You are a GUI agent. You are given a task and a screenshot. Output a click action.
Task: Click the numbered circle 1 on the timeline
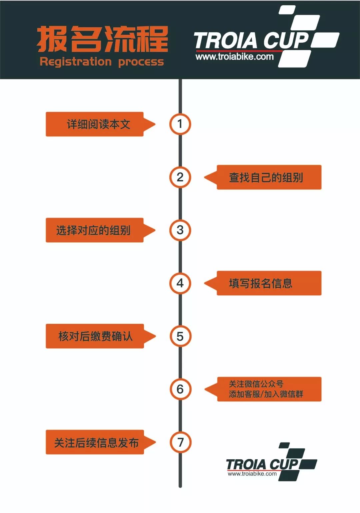coord(180,124)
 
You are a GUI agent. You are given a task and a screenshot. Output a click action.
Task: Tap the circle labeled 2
coord(180,177)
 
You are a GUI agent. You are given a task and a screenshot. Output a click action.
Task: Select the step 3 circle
coord(180,230)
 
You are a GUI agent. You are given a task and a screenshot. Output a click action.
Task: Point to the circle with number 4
coord(180,283)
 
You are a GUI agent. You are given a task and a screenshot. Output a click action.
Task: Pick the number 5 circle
coord(180,336)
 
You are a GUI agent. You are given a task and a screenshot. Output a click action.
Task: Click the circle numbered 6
coord(180,389)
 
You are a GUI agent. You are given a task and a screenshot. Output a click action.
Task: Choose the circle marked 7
coord(180,442)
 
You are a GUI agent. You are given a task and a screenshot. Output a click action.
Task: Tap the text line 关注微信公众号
coord(256,384)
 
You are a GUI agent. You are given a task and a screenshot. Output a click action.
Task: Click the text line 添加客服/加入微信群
coord(266,394)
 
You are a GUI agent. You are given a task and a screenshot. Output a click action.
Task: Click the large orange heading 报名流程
coord(102,39)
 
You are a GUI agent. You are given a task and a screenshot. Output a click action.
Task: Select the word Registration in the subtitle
coord(76,62)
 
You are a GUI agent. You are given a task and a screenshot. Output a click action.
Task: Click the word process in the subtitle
coord(141,63)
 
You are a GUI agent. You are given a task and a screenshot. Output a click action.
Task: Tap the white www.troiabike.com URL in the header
coord(235,57)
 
